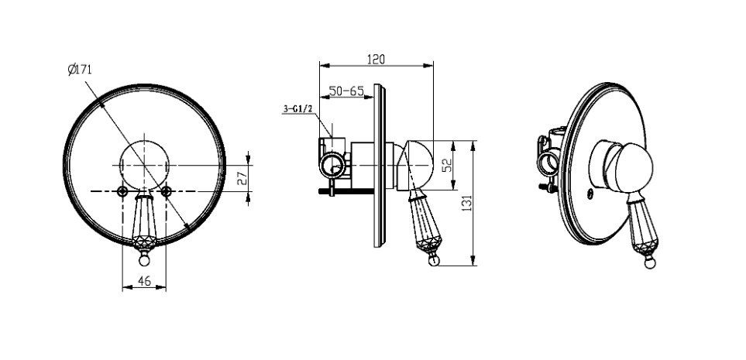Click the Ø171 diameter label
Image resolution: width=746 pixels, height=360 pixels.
click(79, 70)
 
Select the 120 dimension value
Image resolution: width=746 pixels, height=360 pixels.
click(376, 60)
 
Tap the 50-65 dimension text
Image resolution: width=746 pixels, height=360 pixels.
click(345, 91)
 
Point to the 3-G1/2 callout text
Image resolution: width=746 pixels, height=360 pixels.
click(297, 109)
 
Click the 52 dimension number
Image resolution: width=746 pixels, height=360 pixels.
click(446, 166)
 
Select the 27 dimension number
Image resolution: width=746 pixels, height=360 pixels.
click(242, 178)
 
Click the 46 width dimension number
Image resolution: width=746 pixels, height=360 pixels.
click(144, 281)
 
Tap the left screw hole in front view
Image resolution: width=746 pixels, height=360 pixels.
click(122, 191)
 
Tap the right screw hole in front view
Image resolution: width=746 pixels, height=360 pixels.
click(166, 191)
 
